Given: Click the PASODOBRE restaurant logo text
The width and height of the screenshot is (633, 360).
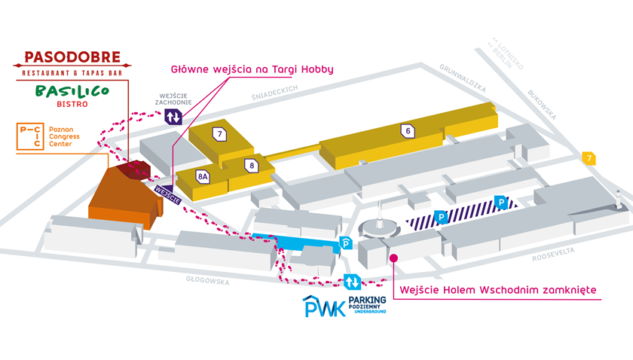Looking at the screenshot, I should click(x=72, y=57).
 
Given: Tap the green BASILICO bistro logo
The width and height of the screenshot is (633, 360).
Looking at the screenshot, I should click(x=72, y=93).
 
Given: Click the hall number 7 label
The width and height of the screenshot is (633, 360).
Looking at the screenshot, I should click(x=219, y=135).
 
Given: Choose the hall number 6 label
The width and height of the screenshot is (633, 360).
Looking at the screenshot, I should click(x=407, y=130).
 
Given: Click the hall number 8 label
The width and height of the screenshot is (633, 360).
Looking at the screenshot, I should click(x=250, y=164).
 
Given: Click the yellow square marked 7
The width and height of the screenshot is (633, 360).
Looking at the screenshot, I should click(x=589, y=157).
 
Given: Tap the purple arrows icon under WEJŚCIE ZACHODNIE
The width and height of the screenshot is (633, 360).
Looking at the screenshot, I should click(x=173, y=117).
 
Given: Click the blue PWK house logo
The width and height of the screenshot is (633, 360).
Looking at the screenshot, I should click(x=323, y=307).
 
